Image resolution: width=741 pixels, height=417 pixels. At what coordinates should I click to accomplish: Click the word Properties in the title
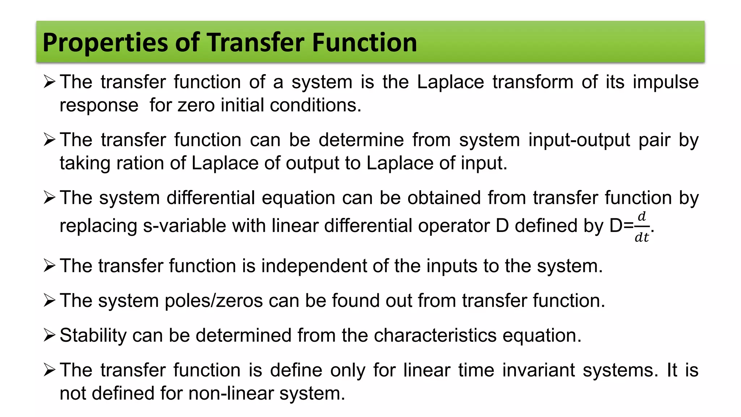coord(105,43)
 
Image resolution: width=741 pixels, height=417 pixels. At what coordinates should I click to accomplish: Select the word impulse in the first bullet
coord(665,82)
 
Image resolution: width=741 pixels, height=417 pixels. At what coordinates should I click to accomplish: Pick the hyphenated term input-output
coord(579,140)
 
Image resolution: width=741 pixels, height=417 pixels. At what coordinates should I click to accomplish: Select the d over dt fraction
coord(642,227)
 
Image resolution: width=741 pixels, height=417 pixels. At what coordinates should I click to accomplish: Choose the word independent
coord(314,266)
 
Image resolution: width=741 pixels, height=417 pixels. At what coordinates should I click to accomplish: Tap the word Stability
coord(93,336)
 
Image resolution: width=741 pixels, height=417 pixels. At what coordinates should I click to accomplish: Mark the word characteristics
coord(435,336)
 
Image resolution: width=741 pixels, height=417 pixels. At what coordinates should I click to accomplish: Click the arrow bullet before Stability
coord(49,336)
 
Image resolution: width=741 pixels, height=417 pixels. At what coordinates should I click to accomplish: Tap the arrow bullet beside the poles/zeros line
coord(49,301)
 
